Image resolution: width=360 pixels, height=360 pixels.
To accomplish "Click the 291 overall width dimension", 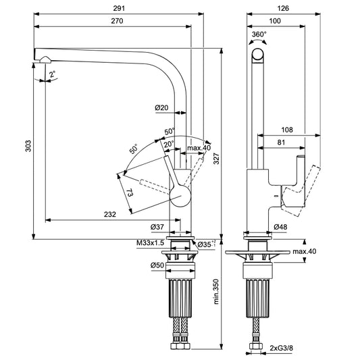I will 118,9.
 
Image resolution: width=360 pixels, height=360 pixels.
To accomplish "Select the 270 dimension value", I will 111,22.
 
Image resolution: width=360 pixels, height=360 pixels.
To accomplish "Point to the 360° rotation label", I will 259,34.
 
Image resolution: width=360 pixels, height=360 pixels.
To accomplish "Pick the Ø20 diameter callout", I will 161,107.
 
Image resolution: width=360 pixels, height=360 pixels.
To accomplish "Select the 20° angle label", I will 167,143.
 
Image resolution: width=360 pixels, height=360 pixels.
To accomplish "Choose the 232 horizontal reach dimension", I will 109,214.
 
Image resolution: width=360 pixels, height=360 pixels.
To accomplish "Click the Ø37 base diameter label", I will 157,226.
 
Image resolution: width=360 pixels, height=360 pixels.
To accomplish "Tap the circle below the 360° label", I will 259,55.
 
